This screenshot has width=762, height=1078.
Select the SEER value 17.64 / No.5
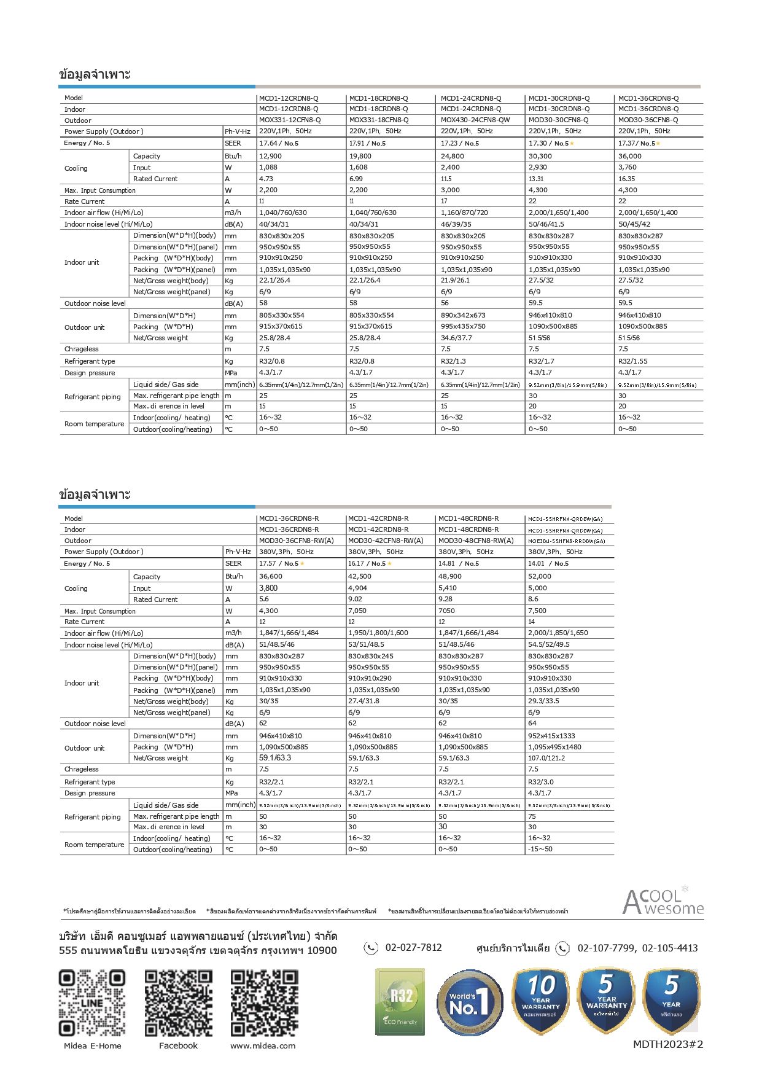point(279,143)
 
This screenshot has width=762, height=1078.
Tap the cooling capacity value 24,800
point(453,156)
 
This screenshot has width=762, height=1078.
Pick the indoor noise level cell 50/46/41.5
point(546,224)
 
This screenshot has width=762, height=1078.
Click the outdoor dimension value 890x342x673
point(463,315)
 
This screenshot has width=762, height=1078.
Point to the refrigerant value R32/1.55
point(632,361)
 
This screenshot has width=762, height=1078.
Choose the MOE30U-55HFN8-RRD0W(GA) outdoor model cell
point(566,541)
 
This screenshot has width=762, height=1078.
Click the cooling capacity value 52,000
point(540,576)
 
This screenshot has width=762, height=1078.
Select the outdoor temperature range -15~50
point(540,850)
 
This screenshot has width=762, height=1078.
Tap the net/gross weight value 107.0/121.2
point(546,758)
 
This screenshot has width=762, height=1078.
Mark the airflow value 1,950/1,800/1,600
point(378,633)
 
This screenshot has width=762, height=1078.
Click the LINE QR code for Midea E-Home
point(92,1003)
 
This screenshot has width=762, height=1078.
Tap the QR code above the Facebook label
point(178,1003)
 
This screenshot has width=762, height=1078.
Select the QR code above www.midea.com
point(264,1003)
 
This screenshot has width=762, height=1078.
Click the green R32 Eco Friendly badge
point(400,1002)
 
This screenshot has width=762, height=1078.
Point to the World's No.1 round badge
point(470,1002)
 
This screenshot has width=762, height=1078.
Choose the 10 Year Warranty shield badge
point(540,1001)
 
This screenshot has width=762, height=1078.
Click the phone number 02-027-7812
point(413,948)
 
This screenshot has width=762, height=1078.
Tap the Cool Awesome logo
point(663,902)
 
